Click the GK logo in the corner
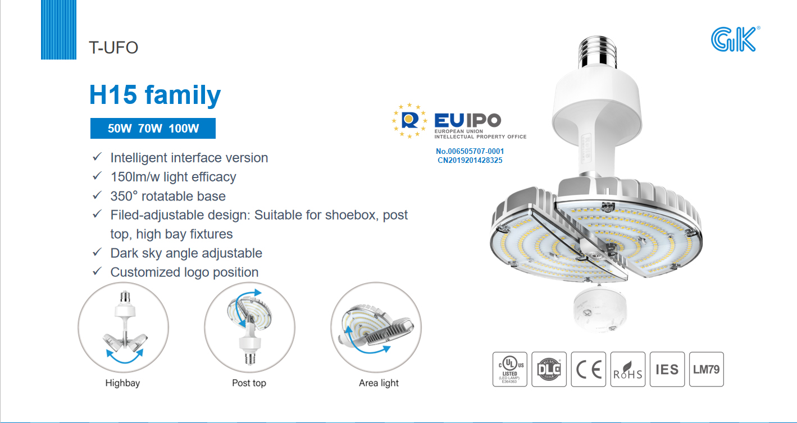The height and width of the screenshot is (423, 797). coord(735,39)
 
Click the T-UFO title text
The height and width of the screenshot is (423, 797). coord(113,48)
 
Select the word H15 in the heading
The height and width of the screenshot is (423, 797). coord(113,94)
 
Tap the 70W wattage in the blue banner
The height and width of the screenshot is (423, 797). coord(150,129)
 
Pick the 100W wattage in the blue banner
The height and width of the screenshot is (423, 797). coord(184,129)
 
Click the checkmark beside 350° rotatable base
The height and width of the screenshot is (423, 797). coord(97,195)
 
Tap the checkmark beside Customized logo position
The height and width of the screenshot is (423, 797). coord(97,271)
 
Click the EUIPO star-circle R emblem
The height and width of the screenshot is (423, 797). coord(409,121)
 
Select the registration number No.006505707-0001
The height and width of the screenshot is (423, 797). coord(470,151)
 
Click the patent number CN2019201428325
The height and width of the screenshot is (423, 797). coord(470,161)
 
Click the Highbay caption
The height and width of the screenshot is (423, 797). coord(122,383)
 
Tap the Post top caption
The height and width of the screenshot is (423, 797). coord(249,383)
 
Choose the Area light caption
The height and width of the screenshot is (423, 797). coord(379,383)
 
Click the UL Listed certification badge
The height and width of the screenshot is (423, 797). coord(509,369)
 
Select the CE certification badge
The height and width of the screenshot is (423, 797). coord(588,369)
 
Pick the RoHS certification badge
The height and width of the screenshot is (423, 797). coord(627,369)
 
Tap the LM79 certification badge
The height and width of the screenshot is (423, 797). coord(706,369)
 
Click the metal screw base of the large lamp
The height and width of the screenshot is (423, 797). coord(598,52)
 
